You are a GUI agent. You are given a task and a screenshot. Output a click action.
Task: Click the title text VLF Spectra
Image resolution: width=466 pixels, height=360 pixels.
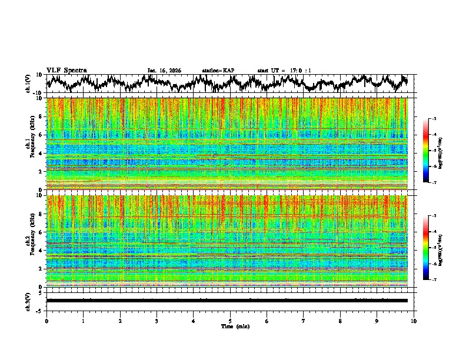66,70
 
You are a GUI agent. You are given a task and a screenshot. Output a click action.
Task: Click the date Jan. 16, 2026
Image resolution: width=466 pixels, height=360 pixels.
164,71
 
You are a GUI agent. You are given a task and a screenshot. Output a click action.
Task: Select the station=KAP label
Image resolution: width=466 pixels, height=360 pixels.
218,71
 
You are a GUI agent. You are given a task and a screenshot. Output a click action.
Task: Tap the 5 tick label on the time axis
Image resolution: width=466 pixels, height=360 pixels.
230,321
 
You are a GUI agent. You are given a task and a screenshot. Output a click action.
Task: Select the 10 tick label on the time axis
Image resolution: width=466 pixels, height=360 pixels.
414,321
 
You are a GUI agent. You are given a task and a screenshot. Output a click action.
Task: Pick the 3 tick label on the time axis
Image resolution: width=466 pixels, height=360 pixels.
157,321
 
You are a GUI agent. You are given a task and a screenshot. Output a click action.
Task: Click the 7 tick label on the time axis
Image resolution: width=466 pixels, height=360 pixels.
304,321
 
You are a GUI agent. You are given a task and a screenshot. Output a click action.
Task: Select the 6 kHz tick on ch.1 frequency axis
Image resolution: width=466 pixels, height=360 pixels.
41,135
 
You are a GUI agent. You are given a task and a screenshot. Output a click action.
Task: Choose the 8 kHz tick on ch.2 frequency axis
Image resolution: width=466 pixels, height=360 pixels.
41,214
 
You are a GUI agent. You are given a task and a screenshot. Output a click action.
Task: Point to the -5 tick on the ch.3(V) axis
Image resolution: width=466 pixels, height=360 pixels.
39,309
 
